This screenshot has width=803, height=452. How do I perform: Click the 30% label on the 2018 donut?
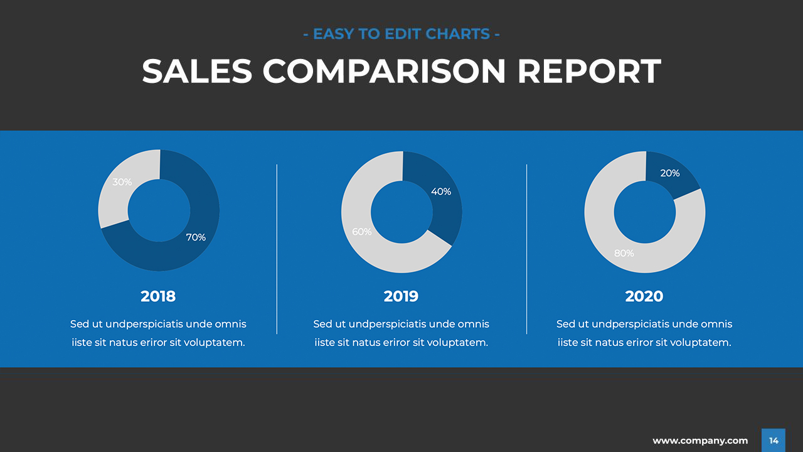[x=122, y=182]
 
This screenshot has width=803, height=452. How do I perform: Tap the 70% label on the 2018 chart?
[x=196, y=237]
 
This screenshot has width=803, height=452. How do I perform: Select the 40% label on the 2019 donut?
[x=441, y=191]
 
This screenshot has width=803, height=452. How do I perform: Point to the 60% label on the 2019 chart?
[x=362, y=232]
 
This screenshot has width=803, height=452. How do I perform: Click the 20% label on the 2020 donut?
[x=670, y=173]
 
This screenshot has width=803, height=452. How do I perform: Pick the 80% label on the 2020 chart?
[x=624, y=254]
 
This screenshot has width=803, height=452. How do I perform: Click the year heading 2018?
[x=158, y=296]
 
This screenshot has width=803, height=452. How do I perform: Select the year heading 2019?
[x=401, y=296]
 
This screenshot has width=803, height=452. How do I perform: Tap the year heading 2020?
[x=644, y=296]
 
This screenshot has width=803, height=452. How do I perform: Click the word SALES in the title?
[x=197, y=72]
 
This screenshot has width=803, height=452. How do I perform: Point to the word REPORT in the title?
[x=589, y=72]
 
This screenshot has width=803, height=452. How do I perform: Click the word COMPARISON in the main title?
[x=384, y=72]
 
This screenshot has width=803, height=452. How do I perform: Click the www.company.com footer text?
[x=700, y=441]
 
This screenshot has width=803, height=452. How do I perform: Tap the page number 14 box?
[x=774, y=441]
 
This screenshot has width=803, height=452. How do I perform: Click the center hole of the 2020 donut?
[x=644, y=212]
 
